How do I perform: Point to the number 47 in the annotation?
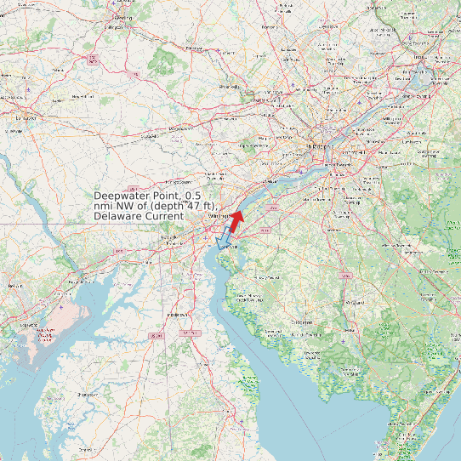point(202,207)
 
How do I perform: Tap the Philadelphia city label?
point(319,147)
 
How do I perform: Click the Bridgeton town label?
point(303,322)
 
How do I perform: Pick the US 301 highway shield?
point(156,337)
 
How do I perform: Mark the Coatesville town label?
point(154,135)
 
